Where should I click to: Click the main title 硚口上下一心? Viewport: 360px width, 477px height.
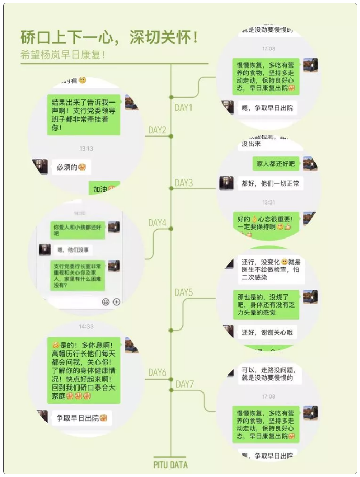pyautogui.click(x=109, y=38)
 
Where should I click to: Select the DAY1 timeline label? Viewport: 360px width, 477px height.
pyautogui.click(x=183, y=108)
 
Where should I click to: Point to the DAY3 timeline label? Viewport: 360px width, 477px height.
pyautogui.click(x=183, y=183)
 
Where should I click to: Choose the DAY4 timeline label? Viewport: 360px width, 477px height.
pyautogui.click(x=157, y=223)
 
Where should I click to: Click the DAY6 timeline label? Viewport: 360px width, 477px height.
pyautogui.click(x=157, y=373)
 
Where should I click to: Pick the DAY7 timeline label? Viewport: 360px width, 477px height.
pyautogui.click(x=184, y=384)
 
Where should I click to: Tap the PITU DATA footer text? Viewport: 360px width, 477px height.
pyautogui.click(x=171, y=464)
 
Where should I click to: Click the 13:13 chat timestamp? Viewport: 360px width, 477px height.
pyautogui.click(x=86, y=149)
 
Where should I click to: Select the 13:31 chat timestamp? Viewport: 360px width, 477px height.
pyautogui.click(x=268, y=202)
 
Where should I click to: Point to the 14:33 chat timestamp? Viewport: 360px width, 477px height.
pyautogui.click(x=86, y=326)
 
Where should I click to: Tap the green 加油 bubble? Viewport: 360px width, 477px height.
pyautogui.click(x=104, y=189)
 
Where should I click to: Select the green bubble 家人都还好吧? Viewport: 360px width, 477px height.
pyautogui.click(x=275, y=164)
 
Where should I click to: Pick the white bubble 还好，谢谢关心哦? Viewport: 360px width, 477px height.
pyautogui.click(x=267, y=332)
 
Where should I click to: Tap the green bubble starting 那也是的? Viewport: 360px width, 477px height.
pyautogui.click(x=266, y=304)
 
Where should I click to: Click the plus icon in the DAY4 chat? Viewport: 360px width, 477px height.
pyautogui.click(x=117, y=302)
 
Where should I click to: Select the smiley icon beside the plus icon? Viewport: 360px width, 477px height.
pyautogui.click(x=105, y=302)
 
